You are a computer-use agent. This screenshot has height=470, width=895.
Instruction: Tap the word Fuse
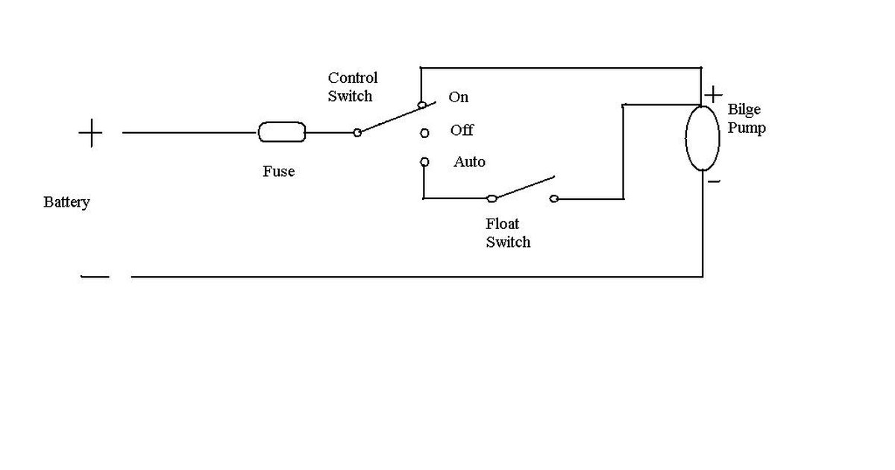pos(278,171)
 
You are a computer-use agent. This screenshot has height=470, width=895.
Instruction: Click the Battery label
pos(66,202)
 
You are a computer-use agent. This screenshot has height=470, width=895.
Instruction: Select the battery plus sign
pos(91,133)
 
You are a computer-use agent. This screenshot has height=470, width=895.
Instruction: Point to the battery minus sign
pos(95,276)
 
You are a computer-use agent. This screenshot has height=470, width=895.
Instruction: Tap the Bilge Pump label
pos(747,119)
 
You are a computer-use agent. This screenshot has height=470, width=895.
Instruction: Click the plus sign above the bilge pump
pos(713,95)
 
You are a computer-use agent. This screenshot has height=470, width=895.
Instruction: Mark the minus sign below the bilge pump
pos(714,182)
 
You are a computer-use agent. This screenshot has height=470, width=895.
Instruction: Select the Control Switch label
pos(352,87)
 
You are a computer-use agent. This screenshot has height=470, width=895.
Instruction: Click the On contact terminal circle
pos(422,105)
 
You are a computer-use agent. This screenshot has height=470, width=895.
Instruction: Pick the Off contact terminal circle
pos(424,133)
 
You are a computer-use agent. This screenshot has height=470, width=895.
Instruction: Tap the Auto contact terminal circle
pos(424,162)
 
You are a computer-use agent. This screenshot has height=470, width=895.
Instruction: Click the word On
pos(458,97)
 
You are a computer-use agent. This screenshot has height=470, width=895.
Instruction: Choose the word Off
pos(462,130)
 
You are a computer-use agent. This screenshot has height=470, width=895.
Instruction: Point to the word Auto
pos(469,161)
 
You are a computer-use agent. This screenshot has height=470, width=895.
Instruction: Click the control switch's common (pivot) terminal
pos(357,133)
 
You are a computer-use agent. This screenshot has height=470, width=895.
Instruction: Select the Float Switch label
pos(508,233)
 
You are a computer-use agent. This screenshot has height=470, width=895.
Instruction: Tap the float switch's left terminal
pos(492,198)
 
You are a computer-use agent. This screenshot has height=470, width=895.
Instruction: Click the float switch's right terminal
pos(553,198)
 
